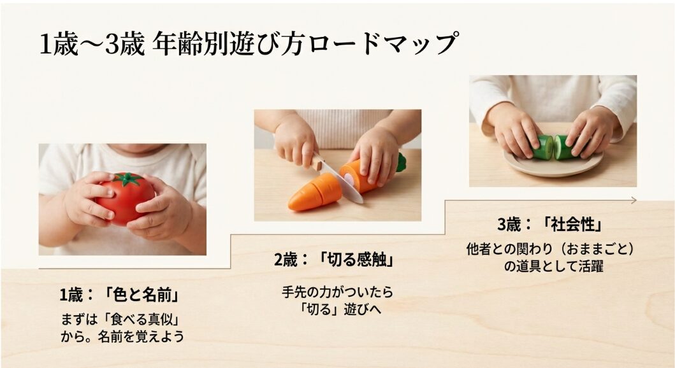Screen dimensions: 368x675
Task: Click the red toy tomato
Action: point(124,197)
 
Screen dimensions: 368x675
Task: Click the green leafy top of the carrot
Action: point(400,162)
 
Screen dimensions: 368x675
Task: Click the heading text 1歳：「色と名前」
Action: point(118,295)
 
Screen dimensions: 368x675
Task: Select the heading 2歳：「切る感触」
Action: point(333,260)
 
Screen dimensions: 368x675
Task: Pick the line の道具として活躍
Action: point(553,266)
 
